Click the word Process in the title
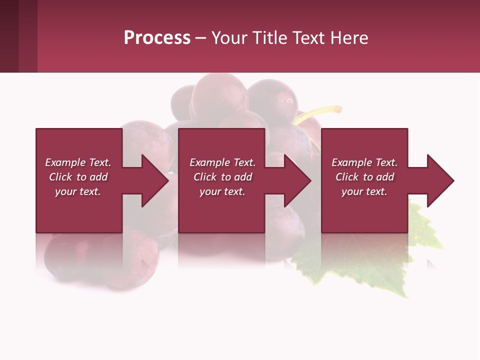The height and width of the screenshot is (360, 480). (x=157, y=38)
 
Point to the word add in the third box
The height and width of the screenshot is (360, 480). (x=384, y=177)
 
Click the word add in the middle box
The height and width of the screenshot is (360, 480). (x=242, y=177)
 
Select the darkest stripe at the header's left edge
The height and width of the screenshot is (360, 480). (x=9, y=36)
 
